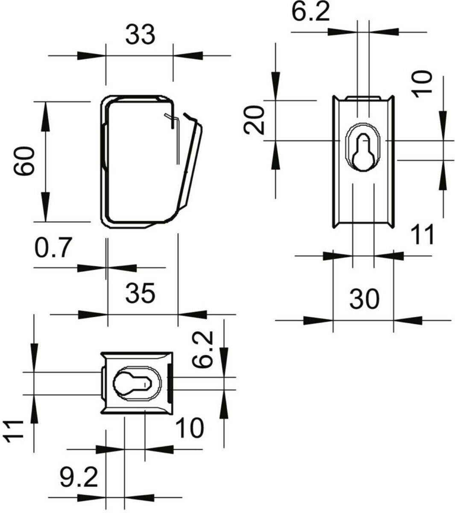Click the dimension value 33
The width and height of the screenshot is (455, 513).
140,35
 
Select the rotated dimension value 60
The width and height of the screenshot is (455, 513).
24,161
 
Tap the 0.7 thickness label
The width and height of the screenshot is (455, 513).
53,247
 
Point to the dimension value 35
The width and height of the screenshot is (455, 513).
140,293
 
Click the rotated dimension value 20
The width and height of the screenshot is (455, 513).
254,120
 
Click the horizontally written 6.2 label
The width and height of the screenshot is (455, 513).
311,12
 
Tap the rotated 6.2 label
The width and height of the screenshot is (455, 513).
203,350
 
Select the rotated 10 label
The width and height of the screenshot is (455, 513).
422,84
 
